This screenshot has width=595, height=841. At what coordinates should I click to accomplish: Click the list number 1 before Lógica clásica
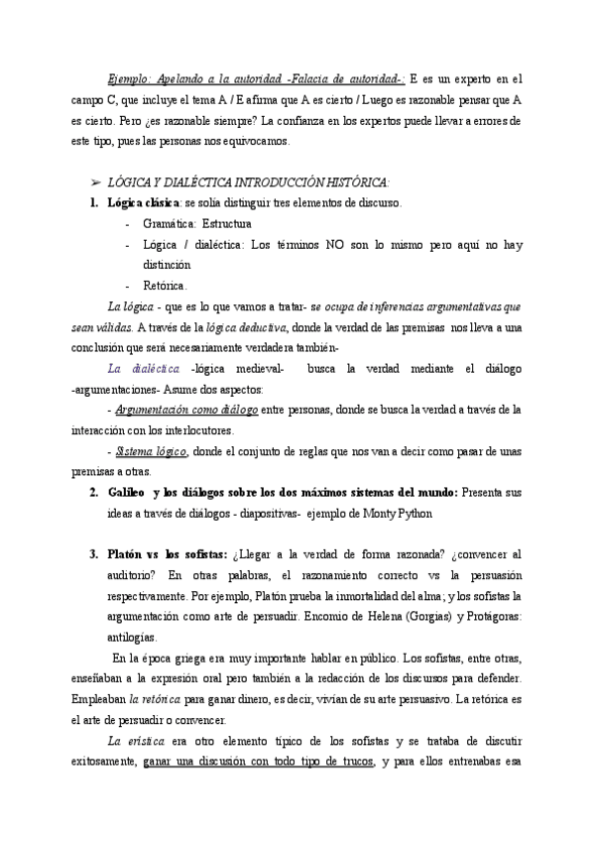tap(94, 203)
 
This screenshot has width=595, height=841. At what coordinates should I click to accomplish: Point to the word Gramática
tap(169, 224)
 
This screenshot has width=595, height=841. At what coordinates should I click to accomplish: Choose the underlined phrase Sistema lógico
tap(152, 450)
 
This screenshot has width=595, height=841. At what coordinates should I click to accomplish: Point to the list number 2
tap(92, 492)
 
